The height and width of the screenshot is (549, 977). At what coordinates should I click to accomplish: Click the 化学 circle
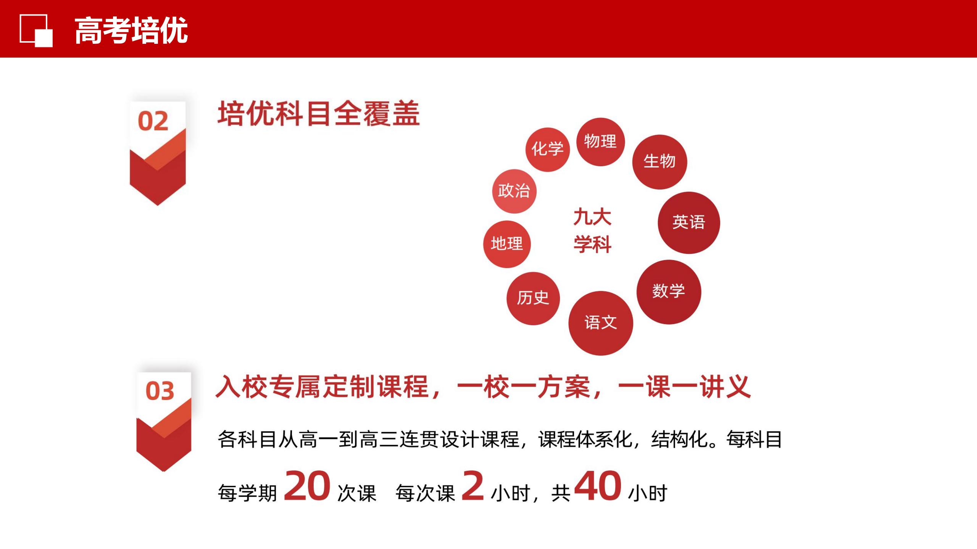(548, 149)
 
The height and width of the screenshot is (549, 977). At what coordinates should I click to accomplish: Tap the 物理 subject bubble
(600, 142)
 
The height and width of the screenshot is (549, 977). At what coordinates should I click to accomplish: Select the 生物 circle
(659, 162)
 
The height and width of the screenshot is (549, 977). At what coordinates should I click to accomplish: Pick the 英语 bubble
(689, 223)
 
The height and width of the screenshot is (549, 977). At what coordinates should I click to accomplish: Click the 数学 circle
(669, 292)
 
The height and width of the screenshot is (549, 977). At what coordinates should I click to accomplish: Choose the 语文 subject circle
(601, 323)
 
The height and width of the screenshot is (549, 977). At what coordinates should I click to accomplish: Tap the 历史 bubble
(533, 299)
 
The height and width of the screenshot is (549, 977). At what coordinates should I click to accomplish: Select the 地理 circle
(507, 244)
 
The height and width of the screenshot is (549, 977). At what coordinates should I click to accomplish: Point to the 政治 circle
(514, 191)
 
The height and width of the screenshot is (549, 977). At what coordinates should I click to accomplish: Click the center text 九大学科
(593, 231)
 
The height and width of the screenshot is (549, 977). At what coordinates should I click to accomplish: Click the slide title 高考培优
(131, 30)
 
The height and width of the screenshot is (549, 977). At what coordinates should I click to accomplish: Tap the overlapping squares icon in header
(36, 30)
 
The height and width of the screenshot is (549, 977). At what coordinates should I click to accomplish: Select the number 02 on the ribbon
(153, 121)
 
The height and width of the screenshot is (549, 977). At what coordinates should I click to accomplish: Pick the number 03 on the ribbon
(160, 391)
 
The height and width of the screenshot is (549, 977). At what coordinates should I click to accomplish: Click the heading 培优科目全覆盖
(319, 113)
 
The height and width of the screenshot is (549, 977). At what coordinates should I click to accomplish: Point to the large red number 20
(307, 486)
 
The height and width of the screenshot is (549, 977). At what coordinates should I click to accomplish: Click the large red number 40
(598, 486)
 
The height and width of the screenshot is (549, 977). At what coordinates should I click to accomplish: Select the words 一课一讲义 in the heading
(684, 387)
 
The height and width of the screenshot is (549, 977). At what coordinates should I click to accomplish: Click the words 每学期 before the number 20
(247, 493)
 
